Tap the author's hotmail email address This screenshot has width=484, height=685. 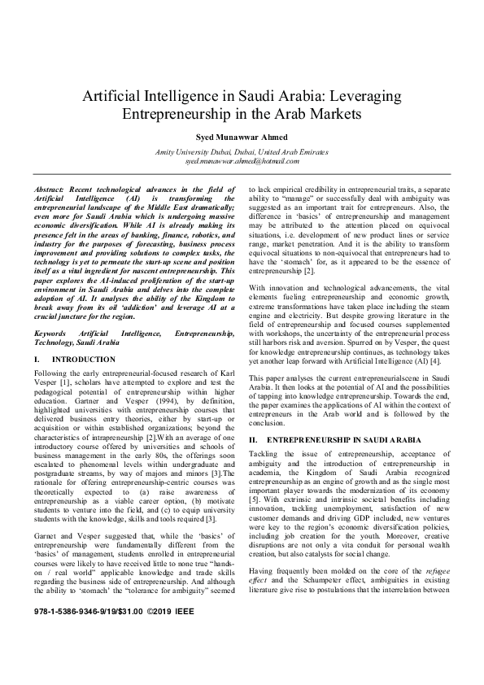pos(242,162)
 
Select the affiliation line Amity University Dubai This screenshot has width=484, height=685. pos(242,152)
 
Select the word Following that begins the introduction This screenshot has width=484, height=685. pos(52,372)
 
